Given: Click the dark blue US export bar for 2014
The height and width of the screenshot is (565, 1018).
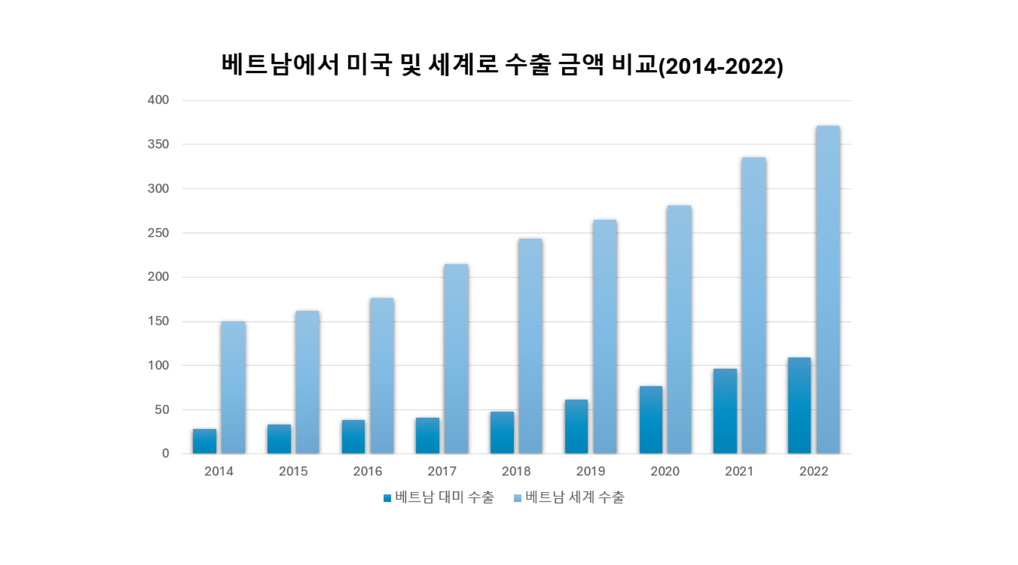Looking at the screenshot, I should pos(204,441).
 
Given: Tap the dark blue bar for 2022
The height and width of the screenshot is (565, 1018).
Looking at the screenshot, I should pos(799,406).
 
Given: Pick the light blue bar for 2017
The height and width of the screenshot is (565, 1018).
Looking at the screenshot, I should pos(456,359).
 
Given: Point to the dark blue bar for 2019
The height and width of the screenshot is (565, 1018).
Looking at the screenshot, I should pos(576,427).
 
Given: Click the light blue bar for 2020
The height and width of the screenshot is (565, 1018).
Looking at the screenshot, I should pos(679,329).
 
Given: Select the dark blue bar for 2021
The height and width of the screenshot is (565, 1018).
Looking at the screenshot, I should pos(724,411).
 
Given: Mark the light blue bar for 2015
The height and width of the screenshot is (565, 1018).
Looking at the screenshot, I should pos(307,383).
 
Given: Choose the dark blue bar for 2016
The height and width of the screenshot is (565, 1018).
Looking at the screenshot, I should pos(353,437).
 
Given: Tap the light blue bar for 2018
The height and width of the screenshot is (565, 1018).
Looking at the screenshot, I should pos(530,346).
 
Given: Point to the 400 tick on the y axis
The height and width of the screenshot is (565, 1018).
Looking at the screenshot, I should pos(158,100).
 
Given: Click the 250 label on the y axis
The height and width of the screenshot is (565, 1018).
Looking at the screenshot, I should pos(158,233).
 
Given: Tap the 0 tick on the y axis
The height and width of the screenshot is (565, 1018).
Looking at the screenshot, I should pos(165,453).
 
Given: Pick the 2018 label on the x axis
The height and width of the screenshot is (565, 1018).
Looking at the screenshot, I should pos(516,471).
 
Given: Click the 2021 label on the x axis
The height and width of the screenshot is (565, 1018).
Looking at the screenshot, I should pos(739,471).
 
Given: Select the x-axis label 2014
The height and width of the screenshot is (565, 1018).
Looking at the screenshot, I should pos(219,471).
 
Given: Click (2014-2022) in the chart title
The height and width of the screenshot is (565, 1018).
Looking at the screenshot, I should pos(721,67).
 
